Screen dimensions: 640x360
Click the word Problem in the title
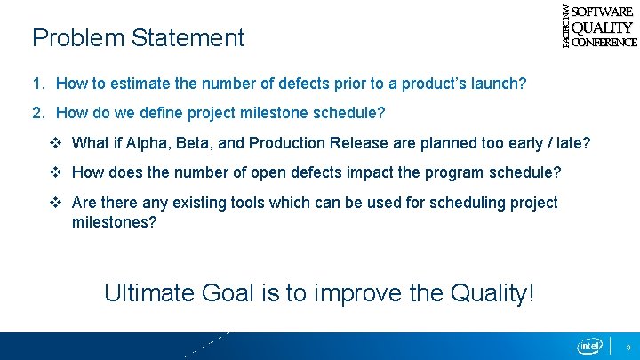tap(78, 38)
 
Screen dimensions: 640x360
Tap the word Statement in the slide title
tap(188, 38)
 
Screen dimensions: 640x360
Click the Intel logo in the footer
tap(589, 346)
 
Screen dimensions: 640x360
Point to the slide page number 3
tap(628, 348)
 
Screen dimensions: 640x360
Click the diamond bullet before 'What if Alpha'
tap(55, 143)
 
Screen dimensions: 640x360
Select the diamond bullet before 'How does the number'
tap(55, 172)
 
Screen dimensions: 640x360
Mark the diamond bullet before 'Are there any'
tap(55, 203)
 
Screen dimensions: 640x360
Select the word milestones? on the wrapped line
tap(115, 222)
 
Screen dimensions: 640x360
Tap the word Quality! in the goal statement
tap(492, 293)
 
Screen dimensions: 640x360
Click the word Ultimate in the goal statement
tap(149, 292)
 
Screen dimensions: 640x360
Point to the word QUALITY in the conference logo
tap(602, 28)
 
